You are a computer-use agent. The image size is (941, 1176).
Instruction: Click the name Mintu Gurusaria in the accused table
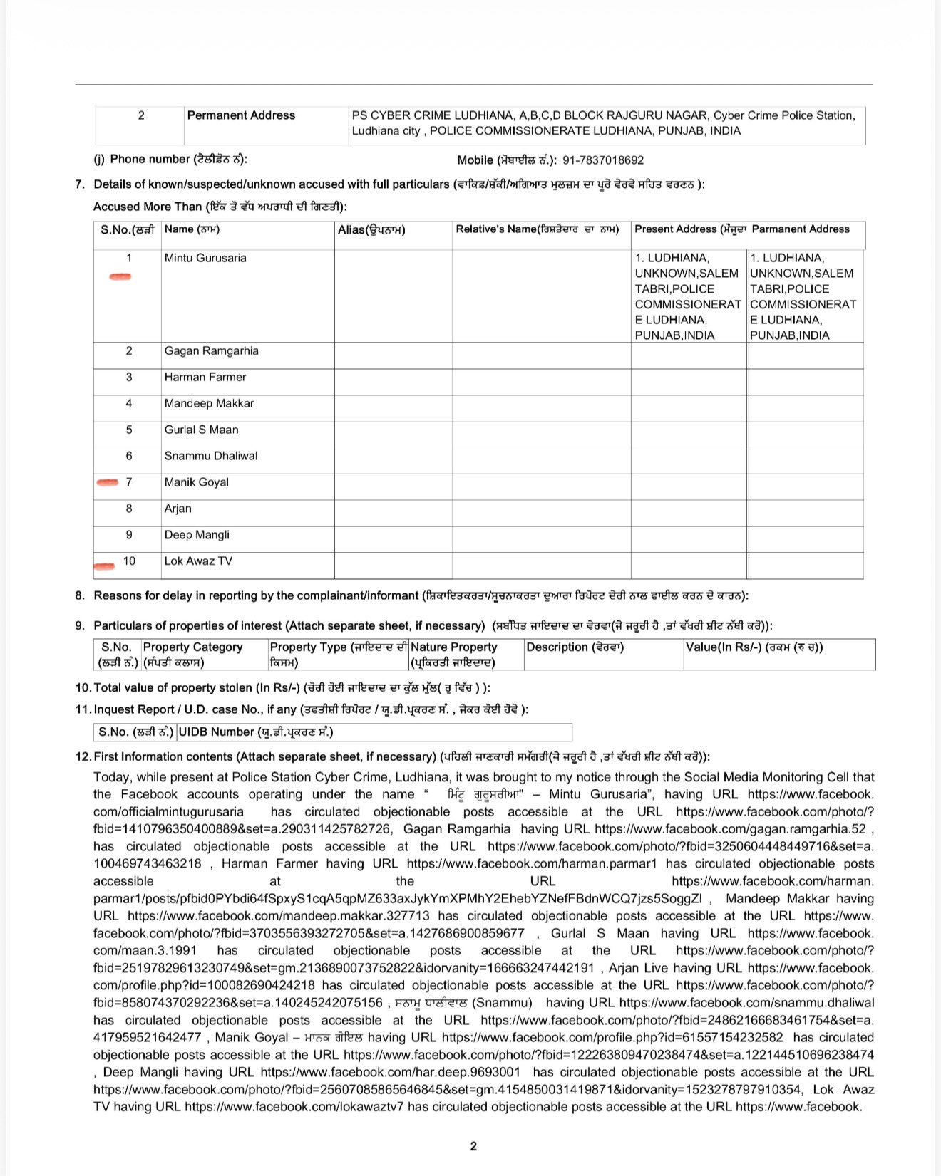pos(205,258)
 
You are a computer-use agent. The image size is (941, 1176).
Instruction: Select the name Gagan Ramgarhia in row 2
pos(211,350)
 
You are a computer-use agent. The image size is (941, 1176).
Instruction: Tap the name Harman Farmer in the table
pos(205,377)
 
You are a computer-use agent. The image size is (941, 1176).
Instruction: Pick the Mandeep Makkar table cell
pos(209,403)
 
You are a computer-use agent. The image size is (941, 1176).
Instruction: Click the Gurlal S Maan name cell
pos(201,430)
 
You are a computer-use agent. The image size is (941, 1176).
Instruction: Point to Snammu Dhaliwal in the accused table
pos(211,456)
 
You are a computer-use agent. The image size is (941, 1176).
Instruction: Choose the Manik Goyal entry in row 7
pos(196,482)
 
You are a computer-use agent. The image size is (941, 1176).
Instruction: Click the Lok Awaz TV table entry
pos(198,561)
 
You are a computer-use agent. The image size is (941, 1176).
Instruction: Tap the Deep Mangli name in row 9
pos(197,535)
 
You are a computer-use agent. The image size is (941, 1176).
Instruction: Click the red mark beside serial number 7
pos(108,483)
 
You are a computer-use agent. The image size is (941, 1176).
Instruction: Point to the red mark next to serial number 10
pos(104,566)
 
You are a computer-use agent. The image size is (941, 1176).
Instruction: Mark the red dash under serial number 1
pos(120,276)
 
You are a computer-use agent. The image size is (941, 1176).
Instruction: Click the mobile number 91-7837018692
pos(603,160)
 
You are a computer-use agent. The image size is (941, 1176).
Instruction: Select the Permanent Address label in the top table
pos(241,115)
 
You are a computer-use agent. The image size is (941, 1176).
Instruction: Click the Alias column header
pos(371,230)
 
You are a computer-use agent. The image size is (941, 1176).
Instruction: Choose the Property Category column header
pos(192,647)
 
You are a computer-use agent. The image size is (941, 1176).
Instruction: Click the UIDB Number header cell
pos(255,732)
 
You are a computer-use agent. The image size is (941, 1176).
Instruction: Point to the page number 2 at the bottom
pos(473,1146)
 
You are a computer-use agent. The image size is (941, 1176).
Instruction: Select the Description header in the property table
pos(575,647)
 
